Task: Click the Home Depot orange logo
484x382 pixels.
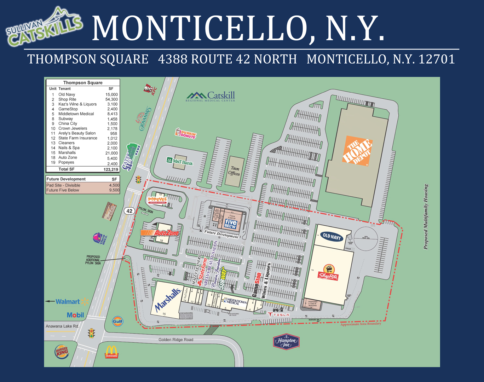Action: pyautogui.click(x=358, y=151)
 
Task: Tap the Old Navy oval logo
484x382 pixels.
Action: pyautogui.click(x=332, y=237)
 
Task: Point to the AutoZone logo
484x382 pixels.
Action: pyautogui.click(x=160, y=233)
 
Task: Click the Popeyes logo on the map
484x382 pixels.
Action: pyautogui.click(x=157, y=200)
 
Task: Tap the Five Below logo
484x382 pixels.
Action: pyautogui.click(x=230, y=224)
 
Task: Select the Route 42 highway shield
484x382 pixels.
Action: pyautogui.click(x=129, y=211)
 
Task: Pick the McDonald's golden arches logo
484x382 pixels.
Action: pyautogui.click(x=111, y=352)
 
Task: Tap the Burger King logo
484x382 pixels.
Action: pyautogui.click(x=62, y=352)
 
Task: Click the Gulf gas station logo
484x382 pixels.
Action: pyautogui.click(x=117, y=321)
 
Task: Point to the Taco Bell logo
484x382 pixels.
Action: pyautogui.click(x=100, y=239)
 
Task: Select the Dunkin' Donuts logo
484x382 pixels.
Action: pyautogui.click(x=185, y=134)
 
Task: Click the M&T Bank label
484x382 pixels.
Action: pyautogui.click(x=180, y=162)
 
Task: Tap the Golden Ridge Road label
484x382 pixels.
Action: pyautogui.click(x=176, y=340)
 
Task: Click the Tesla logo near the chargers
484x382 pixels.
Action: pyautogui.click(x=279, y=314)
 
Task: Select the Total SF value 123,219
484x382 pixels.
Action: pyautogui.click(x=111, y=169)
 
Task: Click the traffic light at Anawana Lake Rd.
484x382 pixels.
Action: pyautogui.click(x=92, y=333)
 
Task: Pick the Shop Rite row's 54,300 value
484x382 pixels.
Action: pyautogui.click(x=111, y=99)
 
